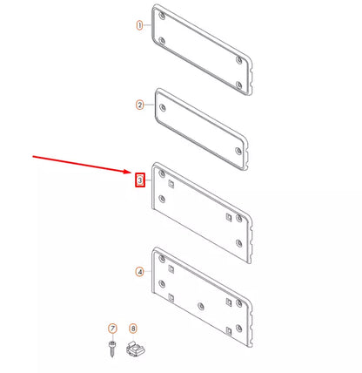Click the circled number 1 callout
(x=139, y=26)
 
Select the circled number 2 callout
(x=139, y=105)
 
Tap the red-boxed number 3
(x=139, y=180)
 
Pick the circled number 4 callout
(x=139, y=272)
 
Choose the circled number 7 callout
(x=111, y=328)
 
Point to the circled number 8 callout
(x=133, y=328)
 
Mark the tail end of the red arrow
(x=34, y=157)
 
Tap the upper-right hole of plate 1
(x=238, y=60)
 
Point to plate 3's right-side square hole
(x=228, y=217)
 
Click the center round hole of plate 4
(x=202, y=307)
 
